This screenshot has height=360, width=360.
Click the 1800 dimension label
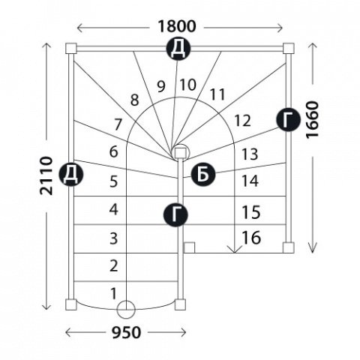[x=176, y=26]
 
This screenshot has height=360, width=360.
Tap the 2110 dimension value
[x=46, y=175]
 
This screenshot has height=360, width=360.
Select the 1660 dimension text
[x=313, y=120]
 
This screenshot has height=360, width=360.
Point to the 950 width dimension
[x=126, y=333]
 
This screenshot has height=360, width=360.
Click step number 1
[x=113, y=293]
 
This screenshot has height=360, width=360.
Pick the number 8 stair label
[x=134, y=100]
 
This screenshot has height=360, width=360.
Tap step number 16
[x=251, y=238]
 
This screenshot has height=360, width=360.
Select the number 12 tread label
[x=242, y=121]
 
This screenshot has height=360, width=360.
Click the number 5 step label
[x=114, y=181]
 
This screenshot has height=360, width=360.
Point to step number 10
[x=188, y=85]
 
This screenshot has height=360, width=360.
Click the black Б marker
[x=203, y=174]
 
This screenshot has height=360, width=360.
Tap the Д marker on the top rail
[x=178, y=48]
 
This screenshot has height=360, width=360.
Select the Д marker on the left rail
[x=70, y=174]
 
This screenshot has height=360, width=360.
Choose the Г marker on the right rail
[x=288, y=120]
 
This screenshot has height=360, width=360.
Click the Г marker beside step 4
[x=175, y=214]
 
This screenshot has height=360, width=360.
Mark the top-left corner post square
[x=71, y=48]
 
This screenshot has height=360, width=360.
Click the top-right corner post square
[x=289, y=48]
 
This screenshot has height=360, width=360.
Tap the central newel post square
[x=180, y=153]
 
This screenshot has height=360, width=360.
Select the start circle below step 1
[x=126, y=310]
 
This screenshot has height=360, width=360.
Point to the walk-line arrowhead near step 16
[x=235, y=249]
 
